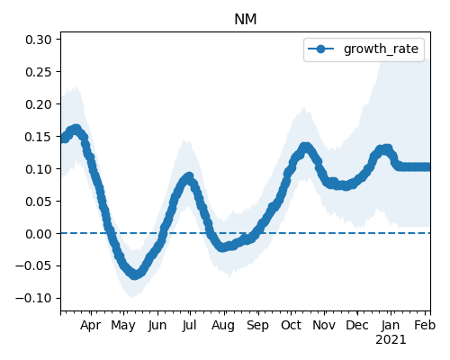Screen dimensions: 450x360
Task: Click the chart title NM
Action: click(246, 20)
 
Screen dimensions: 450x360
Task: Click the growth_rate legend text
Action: click(381, 49)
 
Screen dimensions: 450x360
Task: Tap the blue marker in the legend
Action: click(320, 49)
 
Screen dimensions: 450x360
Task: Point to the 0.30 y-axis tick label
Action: click(39, 40)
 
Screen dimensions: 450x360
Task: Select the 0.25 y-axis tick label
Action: click(39, 72)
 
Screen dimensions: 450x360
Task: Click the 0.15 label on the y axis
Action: click(39, 137)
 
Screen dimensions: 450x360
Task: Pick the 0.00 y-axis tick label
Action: click(39, 234)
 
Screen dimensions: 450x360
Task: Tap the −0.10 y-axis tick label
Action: click(34, 298)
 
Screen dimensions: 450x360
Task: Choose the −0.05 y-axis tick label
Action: click(34, 266)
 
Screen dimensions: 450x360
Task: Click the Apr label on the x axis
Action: click(90, 326)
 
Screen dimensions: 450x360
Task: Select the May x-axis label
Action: click(123, 326)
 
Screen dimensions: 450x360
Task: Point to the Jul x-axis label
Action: click(190, 325)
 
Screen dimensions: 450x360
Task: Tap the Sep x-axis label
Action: click(257, 326)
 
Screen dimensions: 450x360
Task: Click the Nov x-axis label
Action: click(324, 325)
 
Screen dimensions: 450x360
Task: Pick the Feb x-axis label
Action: click(425, 325)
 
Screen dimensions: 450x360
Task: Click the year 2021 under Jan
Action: click(391, 340)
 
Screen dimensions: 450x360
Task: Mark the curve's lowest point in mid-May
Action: click(135, 274)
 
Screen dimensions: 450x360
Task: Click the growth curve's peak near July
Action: click(189, 177)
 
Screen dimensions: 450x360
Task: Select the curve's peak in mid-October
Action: click(305, 148)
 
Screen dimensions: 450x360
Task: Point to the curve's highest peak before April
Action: click(76, 130)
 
